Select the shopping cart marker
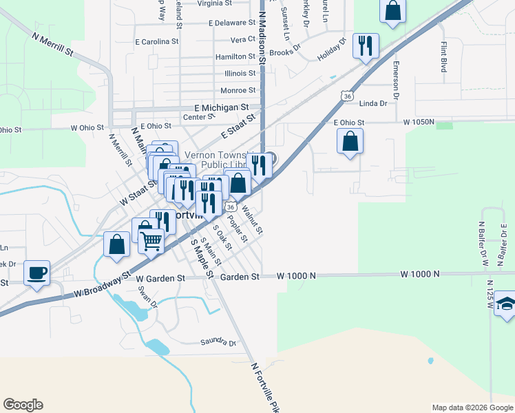151,240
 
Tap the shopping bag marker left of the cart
117,244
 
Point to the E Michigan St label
221,108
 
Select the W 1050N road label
419,123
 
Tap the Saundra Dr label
218,342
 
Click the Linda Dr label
374,103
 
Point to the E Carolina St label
157,42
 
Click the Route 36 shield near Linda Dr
347,96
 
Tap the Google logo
23,405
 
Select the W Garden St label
161,279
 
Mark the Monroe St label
238,90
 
